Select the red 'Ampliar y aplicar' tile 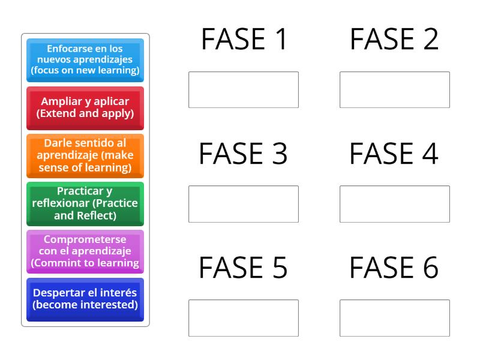[x=85, y=107]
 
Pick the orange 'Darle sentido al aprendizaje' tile [x=85, y=155]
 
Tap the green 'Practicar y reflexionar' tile [x=85, y=203]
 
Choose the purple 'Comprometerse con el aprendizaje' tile [x=85, y=251]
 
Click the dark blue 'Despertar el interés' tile [x=85, y=299]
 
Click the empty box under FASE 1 [x=244, y=90]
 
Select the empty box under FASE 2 [x=395, y=90]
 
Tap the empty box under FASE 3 [x=244, y=204]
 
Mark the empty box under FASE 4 [x=395, y=204]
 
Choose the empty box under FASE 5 [x=244, y=318]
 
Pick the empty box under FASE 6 [x=395, y=318]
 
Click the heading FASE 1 [x=244, y=40]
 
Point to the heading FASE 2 [x=395, y=40]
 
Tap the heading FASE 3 [x=244, y=154]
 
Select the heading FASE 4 [x=395, y=154]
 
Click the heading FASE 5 [x=244, y=268]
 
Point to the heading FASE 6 [x=395, y=268]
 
